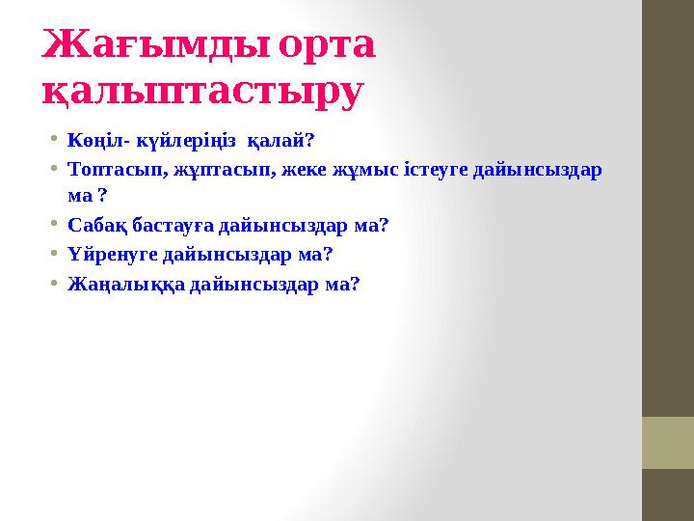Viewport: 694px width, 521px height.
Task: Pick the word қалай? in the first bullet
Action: tap(281, 140)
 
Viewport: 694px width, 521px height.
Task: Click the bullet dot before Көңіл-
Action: tap(55, 140)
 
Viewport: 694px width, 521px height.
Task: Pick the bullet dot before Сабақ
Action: tap(55, 226)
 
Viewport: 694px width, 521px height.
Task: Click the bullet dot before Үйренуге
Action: tap(55, 255)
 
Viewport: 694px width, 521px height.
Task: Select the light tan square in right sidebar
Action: tap(668, 442)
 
